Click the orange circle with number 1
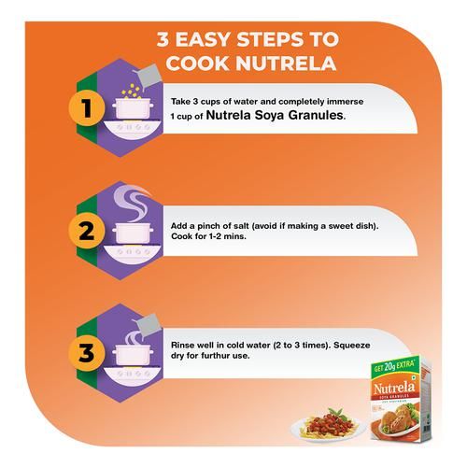87,108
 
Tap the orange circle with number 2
87,231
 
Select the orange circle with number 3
87,353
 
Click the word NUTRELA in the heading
286,64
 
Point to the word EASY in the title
204,39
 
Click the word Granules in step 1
315,115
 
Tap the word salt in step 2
241,226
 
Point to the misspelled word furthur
216,356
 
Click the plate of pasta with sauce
329,425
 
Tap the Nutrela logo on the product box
394,388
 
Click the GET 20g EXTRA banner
394,366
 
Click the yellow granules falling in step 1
130,91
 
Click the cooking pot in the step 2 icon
133,233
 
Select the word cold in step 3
235,346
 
